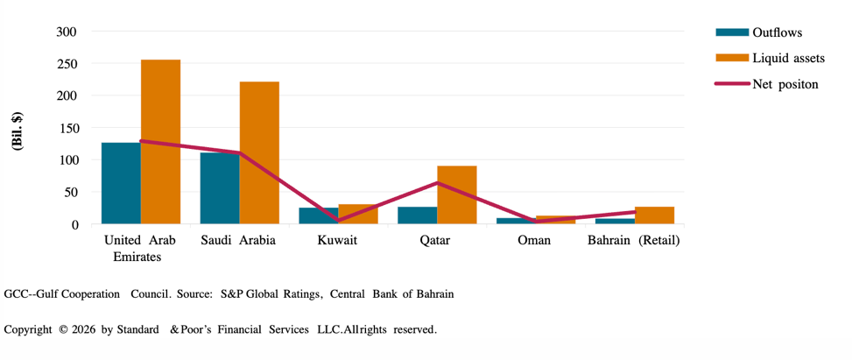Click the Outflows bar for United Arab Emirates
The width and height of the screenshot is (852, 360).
coord(121,183)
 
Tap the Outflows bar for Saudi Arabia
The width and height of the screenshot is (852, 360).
coord(220,188)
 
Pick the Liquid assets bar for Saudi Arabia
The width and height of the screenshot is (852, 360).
coord(259,152)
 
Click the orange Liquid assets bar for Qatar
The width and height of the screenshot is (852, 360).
coord(456,194)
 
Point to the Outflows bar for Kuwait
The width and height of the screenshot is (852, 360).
coord(318,215)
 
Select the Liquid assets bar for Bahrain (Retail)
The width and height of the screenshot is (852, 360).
coord(654,215)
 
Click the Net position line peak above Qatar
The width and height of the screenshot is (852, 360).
coord(437,183)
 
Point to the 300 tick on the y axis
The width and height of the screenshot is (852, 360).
coord(67,32)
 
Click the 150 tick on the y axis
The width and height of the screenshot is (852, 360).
coord(67,128)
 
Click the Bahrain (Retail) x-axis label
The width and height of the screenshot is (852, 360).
coord(633,241)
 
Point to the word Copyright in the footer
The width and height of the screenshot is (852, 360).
coord(29,329)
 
